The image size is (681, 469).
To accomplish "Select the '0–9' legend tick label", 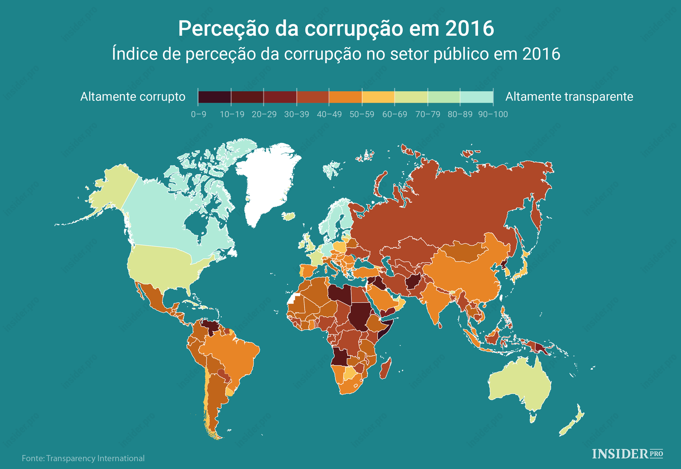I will pyautogui.click(x=199, y=114).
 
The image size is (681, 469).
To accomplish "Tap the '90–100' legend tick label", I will pyautogui.click(x=493, y=114).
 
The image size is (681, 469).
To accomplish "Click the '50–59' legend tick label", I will pyautogui.click(x=362, y=114).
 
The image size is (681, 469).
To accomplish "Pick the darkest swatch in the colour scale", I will pyautogui.click(x=215, y=97).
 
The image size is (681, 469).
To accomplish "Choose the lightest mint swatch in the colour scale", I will pyautogui.click(x=477, y=97).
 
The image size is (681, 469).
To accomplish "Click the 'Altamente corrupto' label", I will pyautogui.click(x=133, y=97).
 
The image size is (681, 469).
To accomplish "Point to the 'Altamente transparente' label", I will pyautogui.click(x=569, y=97).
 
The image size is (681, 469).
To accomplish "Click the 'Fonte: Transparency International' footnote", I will pyautogui.click(x=83, y=458).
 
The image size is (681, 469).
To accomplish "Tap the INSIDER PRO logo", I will pyautogui.click(x=627, y=454).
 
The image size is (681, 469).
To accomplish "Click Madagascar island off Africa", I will pyautogui.click(x=386, y=369).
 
